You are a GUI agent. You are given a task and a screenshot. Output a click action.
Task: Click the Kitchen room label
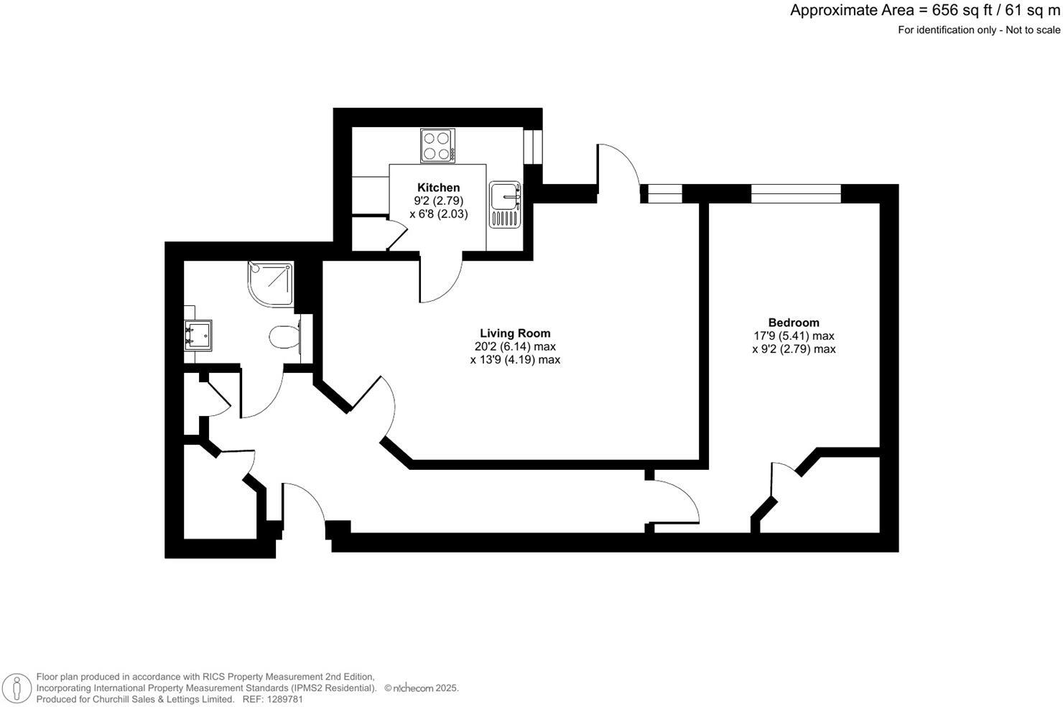[x=438, y=188]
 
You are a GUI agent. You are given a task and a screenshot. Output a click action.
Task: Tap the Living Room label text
[x=515, y=333]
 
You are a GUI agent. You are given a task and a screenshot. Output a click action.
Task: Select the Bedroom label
[x=793, y=323]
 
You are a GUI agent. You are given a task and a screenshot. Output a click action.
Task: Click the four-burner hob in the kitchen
[x=437, y=145]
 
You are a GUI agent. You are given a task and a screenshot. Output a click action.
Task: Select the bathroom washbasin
[x=198, y=335]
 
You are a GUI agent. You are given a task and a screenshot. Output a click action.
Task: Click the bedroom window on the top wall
[x=795, y=193]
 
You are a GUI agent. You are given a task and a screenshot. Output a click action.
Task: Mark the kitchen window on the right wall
[x=533, y=147]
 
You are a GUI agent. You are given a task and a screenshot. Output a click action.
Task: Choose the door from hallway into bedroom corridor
[x=674, y=501]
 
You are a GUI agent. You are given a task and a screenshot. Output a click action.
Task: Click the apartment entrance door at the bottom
[x=305, y=503]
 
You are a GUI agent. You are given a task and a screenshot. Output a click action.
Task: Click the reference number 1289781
[x=283, y=699]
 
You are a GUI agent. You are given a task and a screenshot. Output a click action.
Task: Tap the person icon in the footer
[x=14, y=689]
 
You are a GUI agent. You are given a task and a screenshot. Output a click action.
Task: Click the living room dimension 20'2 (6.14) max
[x=515, y=346]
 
